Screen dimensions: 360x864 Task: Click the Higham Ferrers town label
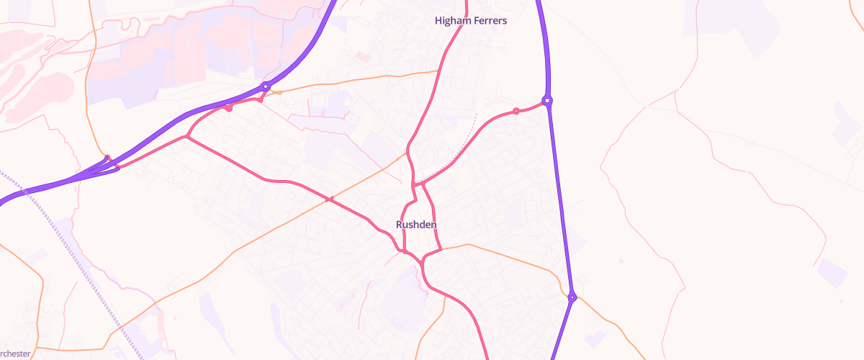click(x=471, y=21)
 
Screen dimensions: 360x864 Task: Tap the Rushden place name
click(x=416, y=225)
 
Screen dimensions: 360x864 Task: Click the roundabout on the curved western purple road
click(x=266, y=86)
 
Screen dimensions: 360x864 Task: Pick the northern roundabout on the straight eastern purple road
click(x=547, y=101)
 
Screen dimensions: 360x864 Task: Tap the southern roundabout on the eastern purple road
click(x=572, y=297)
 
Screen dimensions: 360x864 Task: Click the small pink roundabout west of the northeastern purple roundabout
click(x=516, y=111)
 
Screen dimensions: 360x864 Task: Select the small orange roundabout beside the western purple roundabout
click(x=279, y=92)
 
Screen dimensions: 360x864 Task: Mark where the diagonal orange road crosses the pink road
click(x=330, y=199)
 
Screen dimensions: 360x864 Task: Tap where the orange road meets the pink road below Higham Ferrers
click(x=439, y=71)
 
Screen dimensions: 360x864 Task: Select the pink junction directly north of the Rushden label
click(x=415, y=185)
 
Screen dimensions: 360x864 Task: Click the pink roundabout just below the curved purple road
click(x=229, y=109)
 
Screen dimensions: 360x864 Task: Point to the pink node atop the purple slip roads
click(x=107, y=158)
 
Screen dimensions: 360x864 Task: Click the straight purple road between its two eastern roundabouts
click(x=560, y=202)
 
